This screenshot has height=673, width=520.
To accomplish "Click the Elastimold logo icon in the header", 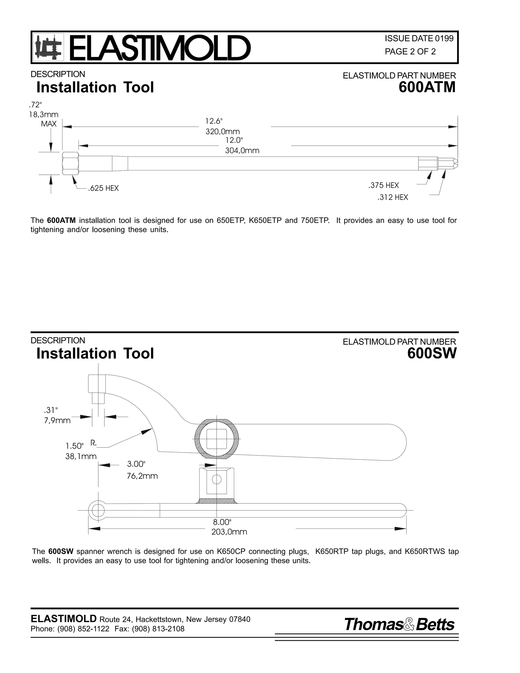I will tap(48, 47).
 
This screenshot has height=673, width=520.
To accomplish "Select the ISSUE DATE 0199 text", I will tap(419, 39).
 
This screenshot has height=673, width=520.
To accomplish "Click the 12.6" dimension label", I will tap(214, 121).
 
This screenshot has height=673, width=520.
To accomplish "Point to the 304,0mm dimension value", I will tap(242, 151).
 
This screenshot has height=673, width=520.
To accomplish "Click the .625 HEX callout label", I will tap(103, 188).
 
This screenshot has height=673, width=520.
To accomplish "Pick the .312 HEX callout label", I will tap(393, 197).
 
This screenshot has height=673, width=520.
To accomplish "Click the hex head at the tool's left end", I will tap(71, 163).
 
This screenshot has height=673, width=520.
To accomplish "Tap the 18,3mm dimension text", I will tap(43, 115).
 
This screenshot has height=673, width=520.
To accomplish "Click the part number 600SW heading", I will tap(431, 354).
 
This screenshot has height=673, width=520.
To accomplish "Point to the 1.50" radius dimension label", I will tap(74, 446).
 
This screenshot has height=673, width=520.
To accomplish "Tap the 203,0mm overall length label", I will tap(229, 532).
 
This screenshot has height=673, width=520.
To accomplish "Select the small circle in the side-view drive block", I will tap(217, 479).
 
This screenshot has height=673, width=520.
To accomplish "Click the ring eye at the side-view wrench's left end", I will tap(98, 510).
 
